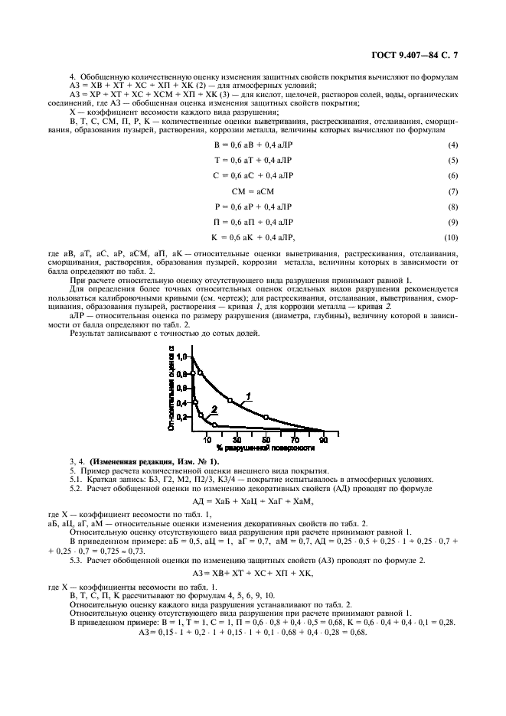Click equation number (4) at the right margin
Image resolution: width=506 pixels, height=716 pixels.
click(453, 145)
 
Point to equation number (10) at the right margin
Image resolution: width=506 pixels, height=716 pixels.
click(452, 237)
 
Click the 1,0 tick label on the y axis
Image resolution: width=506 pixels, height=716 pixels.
click(181, 357)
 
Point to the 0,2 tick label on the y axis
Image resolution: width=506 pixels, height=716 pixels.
click(181, 418)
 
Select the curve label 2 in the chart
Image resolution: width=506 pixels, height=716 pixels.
click(215, 409)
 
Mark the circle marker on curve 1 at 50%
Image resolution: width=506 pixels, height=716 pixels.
click(266, 417)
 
